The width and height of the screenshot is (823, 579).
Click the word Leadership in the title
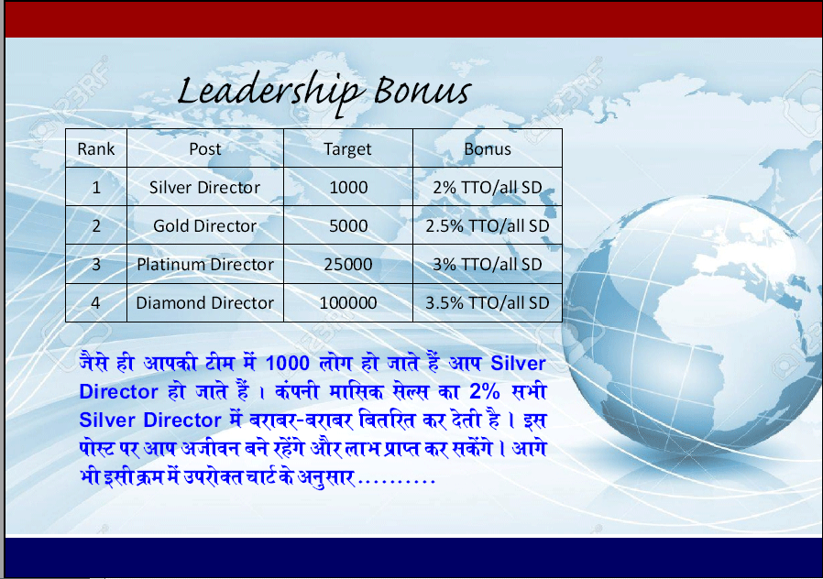tap(269, 93)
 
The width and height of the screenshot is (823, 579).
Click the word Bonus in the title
tap(423, 90)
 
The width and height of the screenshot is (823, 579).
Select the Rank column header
tap(96, 149)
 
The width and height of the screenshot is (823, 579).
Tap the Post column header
tap(205, 149)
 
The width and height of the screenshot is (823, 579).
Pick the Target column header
tap(347, 149)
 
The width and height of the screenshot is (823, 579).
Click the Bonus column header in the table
tap(487, 149)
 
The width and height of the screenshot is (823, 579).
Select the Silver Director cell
tap(204, 187)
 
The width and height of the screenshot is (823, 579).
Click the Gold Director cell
tap(204, 225)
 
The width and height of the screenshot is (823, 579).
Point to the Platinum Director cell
tap(205, 264)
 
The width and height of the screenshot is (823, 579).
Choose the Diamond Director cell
tap(204, 302)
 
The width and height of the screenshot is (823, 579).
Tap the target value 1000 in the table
tap(348, 187)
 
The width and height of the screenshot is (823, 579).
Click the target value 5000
tap(348, 225)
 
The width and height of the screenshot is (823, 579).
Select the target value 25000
tap(348, 264)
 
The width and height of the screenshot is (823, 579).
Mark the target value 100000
tap(348, 302)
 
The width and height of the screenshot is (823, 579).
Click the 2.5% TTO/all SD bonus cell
tap(487, 225)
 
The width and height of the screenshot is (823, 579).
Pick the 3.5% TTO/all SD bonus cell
tap(487, 302)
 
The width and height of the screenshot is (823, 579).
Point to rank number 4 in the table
tap(95, 302)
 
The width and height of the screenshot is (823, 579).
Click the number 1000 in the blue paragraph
tap(288, 363)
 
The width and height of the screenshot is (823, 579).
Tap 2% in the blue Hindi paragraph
tap(485, 391)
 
